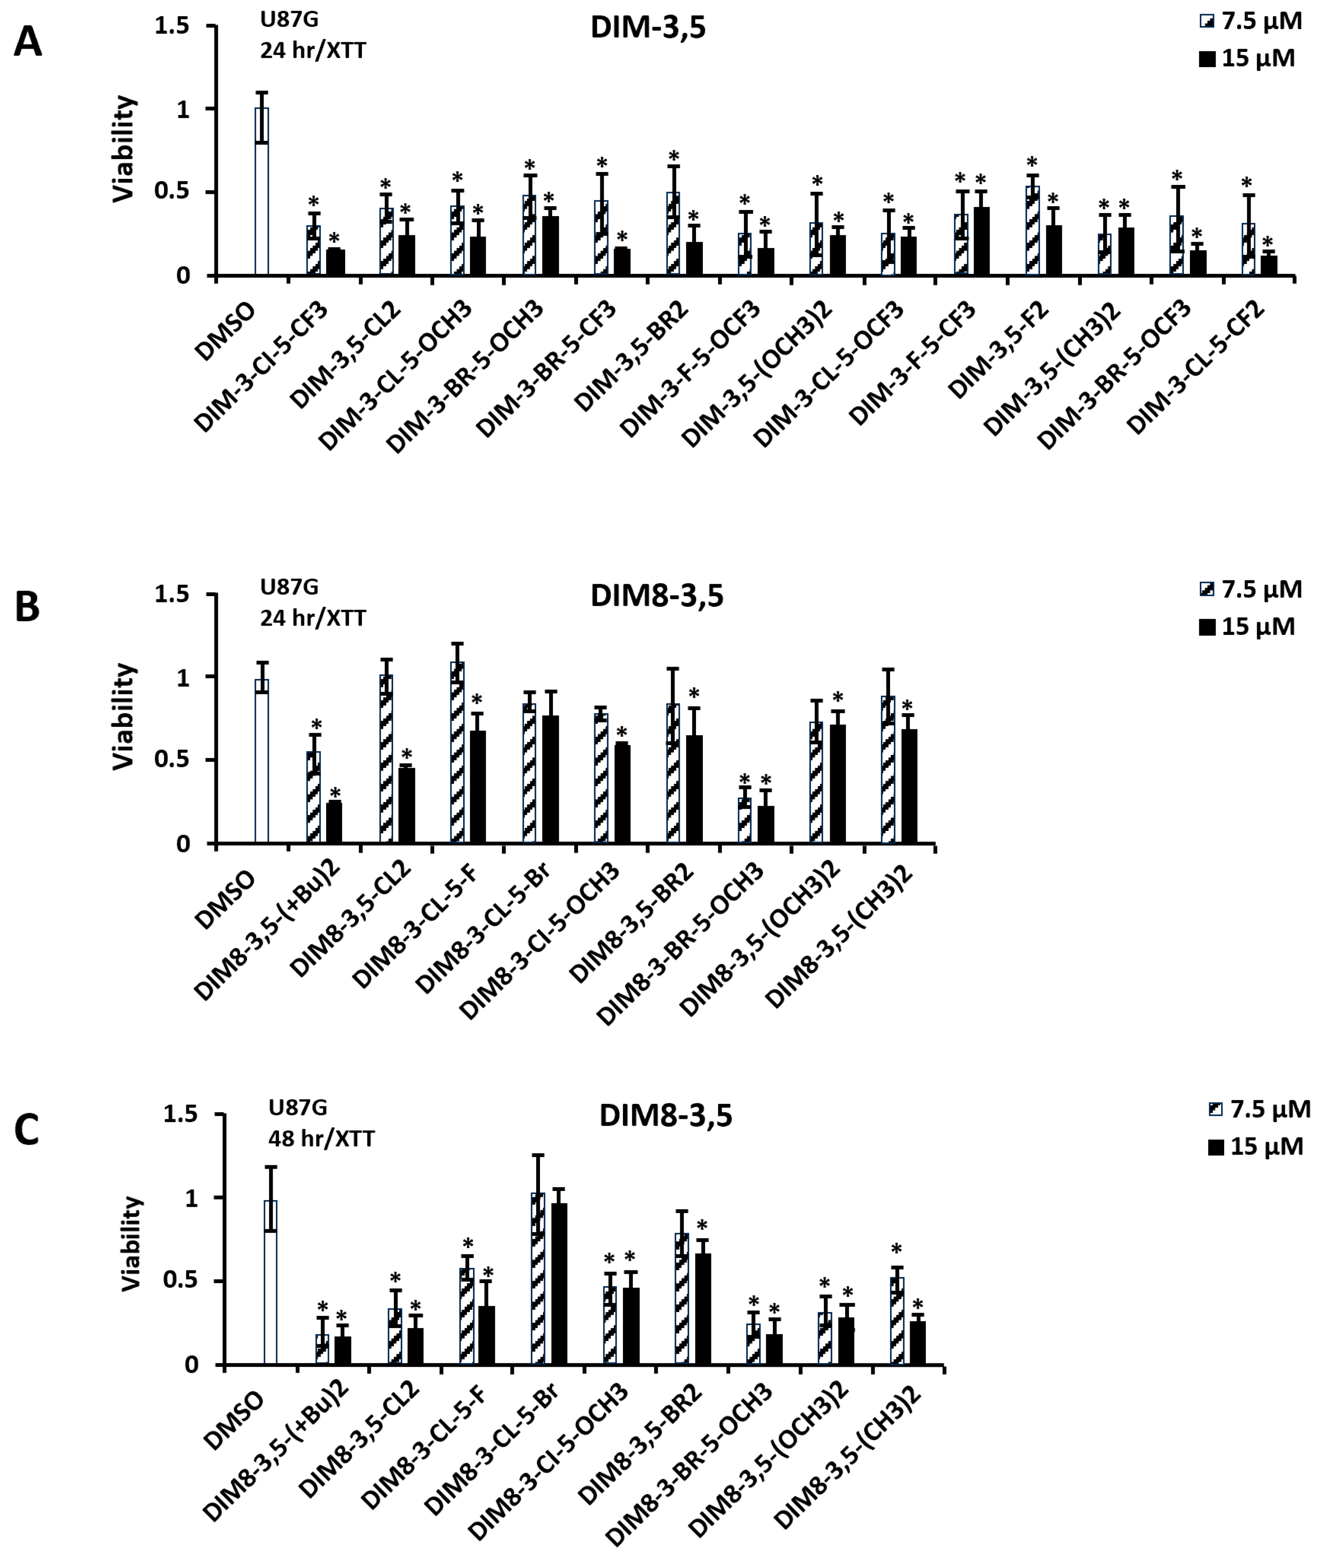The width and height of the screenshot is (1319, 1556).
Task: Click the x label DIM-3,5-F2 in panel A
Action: click(x=999, y=350)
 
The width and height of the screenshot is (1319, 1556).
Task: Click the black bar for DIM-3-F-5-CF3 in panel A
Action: click(x=981, y=241)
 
